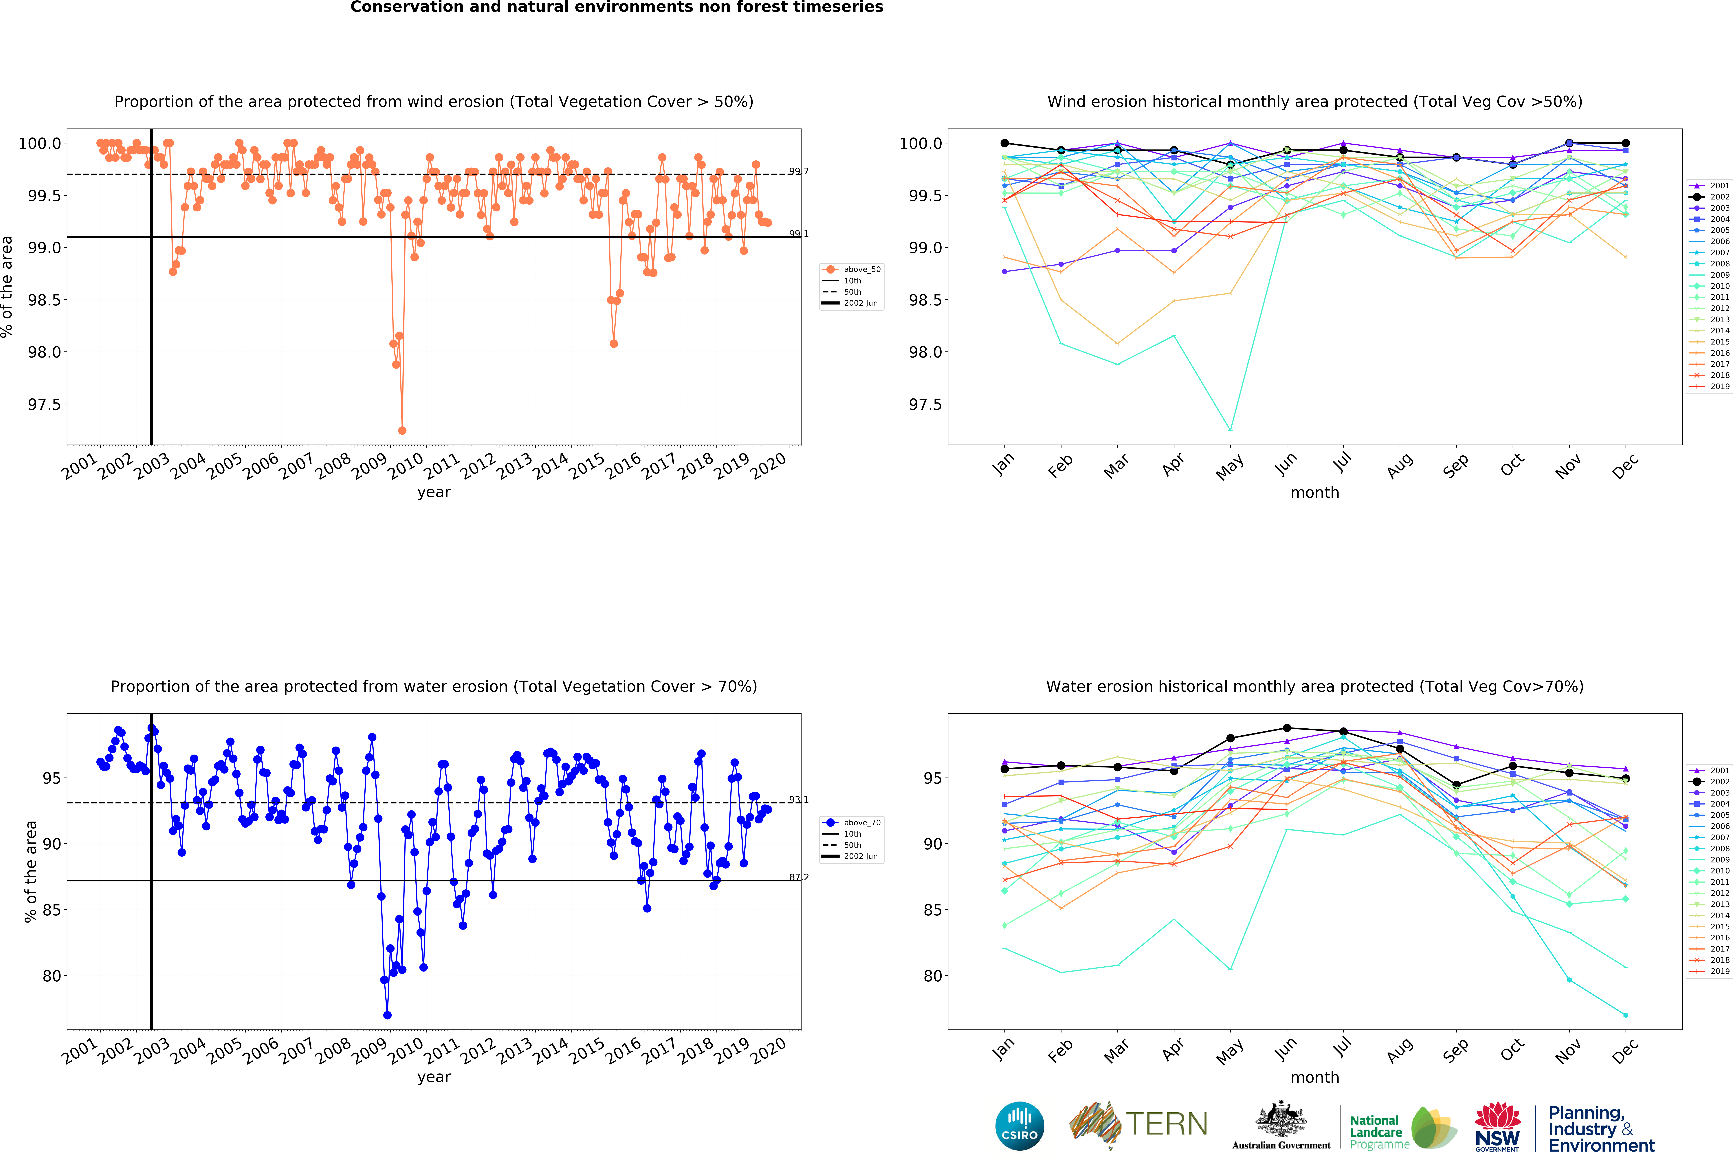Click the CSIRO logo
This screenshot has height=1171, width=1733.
point(1019,1126)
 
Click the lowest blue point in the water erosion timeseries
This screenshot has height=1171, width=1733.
point(387,1015)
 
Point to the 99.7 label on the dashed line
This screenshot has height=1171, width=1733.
point(799,172)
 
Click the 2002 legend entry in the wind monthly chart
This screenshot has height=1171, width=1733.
point(1710,197)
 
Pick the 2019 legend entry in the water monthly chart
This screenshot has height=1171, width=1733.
point(1710,971)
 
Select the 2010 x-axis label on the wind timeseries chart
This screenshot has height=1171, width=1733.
point(406,466)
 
